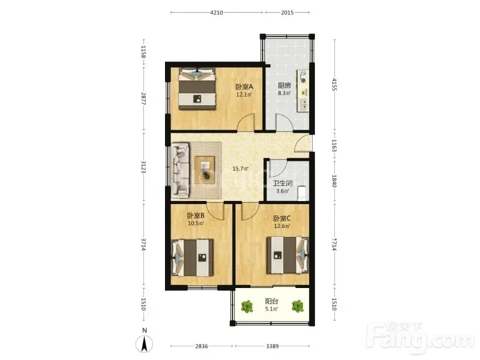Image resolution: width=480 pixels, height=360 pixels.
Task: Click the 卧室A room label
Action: point(244,86)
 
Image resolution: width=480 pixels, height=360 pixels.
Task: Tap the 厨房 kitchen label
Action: point(284,85)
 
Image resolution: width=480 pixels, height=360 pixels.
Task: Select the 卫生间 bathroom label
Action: point(283,184)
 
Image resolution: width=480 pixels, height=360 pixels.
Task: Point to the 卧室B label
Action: point(196,216)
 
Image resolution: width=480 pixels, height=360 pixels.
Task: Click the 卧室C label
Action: point(282,218)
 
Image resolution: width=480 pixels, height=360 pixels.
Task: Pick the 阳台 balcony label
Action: point(272,302)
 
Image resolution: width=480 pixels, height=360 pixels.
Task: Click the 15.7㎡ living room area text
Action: point(241,169)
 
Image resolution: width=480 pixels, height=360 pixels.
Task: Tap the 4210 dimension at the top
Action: point(217,13)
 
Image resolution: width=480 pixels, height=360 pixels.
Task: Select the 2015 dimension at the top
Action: point(287,13)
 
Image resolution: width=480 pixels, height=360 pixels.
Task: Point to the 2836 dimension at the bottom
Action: point(202,346)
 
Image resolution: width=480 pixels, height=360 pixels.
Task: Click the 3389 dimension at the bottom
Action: point(272,346)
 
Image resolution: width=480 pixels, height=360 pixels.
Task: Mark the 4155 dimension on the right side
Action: point(334,84)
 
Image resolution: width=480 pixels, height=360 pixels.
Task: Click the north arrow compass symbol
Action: point(145,343)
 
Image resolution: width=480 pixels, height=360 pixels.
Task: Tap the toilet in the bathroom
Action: point(302,193)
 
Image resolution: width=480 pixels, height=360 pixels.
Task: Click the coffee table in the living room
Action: point(205,170)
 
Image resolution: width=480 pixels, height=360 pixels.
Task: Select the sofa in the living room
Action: point(181,170)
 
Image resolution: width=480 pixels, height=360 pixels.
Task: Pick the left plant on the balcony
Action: point(247,306)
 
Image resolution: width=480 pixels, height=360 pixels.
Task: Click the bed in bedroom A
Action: point(197,89)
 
